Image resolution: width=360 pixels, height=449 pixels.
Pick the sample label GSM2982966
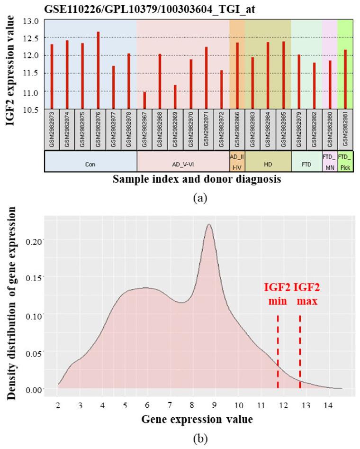(x=237, y=128)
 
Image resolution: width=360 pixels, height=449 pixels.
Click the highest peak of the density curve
(x=209, y=225)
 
